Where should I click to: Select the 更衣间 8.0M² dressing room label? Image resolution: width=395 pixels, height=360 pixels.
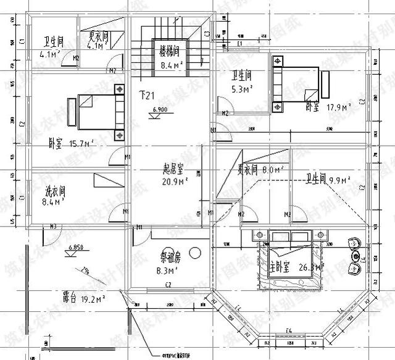coord(259,169)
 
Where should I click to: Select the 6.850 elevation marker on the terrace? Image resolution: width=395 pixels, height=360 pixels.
coord(77,247)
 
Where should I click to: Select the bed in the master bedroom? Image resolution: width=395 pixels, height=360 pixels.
coord(294,259)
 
